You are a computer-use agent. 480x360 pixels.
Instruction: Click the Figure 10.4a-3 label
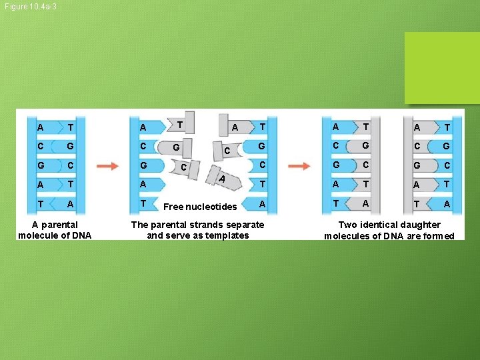coord(29,7)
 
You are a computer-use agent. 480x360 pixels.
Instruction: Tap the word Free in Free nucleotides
coord(175,207)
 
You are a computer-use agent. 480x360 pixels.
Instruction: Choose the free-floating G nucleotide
coord(178,147)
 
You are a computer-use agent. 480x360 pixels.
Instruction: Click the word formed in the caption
coord(439,236)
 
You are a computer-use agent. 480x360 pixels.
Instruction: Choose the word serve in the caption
coord(178,235)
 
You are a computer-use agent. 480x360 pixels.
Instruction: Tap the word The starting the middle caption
coord(141,225)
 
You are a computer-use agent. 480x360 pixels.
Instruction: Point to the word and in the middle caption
coord(155,235)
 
